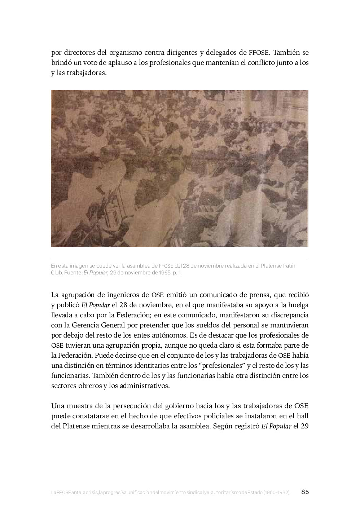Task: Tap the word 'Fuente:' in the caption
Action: point(73,273)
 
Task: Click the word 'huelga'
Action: point(298,305)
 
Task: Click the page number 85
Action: point(305,492)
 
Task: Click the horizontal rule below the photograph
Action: point(180,257)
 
